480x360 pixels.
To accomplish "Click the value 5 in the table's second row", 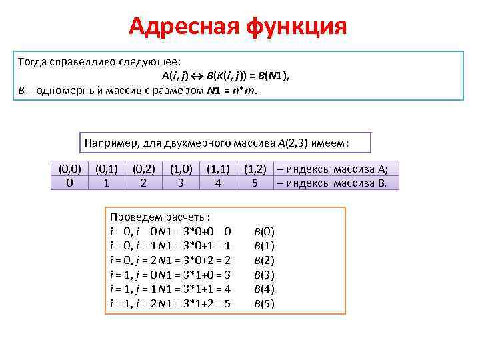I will pyautogui.click(x=255, y=181).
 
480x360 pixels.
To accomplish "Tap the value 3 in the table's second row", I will pyautogui.click(x=181, y=181).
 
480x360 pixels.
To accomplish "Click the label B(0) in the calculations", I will pyautogui.click(x=264, y=232).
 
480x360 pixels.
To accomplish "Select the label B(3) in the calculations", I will pyautogui.click(x=264, y=275).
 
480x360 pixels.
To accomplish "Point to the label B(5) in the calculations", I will pyautogui.click(x=264, y=304).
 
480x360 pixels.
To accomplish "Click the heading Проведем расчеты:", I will pyautogui.click(x=160, y=217).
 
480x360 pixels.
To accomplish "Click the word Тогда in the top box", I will pyautogui.click(x=33, y=61).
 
